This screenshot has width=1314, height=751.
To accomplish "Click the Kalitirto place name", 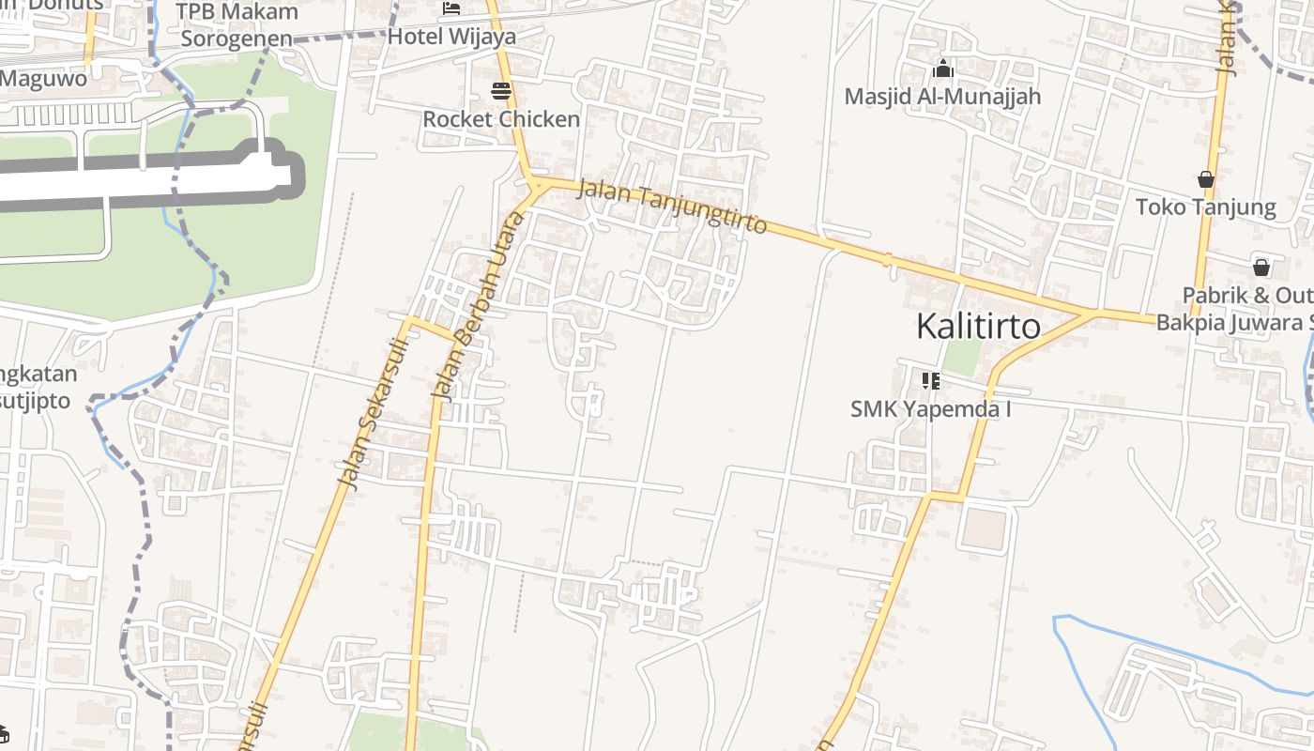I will coord(978,327).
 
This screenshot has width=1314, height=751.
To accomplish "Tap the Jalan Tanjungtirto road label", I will coord(672,207).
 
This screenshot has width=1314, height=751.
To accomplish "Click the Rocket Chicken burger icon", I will coord(501,91).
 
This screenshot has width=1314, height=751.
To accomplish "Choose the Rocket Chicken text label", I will coord(501,119).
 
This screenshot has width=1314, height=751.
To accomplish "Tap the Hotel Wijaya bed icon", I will coord(451,9).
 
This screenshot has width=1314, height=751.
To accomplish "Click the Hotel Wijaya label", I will coord(451,37).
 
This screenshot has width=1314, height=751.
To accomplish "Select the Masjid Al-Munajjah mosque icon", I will coord(943,69).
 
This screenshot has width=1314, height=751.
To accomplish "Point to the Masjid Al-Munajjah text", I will coord(942,96).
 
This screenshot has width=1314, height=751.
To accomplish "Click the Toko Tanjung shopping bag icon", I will coord(1206,179).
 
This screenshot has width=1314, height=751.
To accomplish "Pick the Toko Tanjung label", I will coord(1206,207).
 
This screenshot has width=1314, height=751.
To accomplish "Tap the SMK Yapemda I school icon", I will coord(931,380).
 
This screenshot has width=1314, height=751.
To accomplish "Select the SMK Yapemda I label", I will coord(931,409).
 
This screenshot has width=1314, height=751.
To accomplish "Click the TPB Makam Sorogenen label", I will coord(237,25).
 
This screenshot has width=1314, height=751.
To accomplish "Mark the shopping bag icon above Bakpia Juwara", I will coord(1261,268).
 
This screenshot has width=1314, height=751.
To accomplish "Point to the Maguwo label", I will coord(43,78).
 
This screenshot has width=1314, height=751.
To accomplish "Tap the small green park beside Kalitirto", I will coord(962,358).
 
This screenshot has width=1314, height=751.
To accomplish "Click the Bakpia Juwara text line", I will coord(1234,322).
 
